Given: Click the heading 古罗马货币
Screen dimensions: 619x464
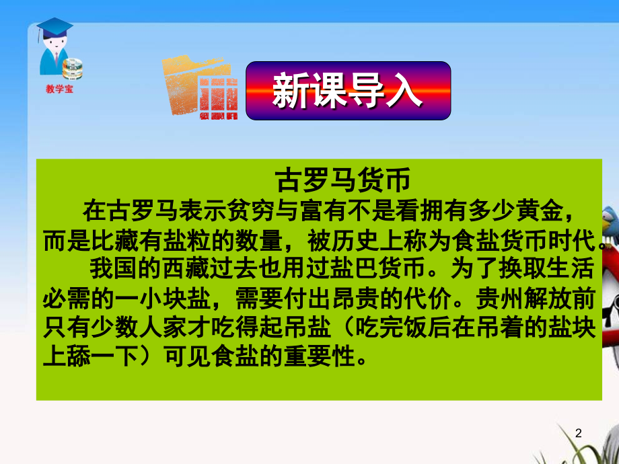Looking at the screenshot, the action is pos(343,180).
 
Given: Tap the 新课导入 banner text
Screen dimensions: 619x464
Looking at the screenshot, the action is pos(347,90).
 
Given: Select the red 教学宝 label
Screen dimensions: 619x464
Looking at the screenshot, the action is pos(59,89).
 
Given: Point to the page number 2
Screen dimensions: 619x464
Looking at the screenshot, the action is pos(579,433).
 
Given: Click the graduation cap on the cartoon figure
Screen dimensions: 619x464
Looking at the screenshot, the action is pos(54,27).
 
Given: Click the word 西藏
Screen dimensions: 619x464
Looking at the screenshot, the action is pos(185,269).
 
